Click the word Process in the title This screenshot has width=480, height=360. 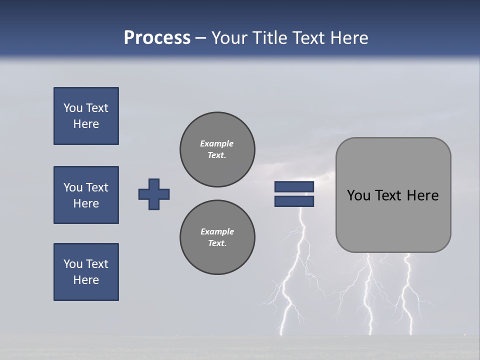[x=157, y=38]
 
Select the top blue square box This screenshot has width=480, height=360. [x=86, y=116]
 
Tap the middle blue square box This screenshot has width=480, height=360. [x=86, y=195]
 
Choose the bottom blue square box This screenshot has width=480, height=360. [x=86, y=272]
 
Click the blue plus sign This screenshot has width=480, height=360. [x=154, y=194]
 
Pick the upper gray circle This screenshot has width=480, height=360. [x=217, y=149]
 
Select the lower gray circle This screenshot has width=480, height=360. [x=217, y=237]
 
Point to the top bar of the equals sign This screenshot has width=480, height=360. [x=294, y=187]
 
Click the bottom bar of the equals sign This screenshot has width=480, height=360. [x=294, y=201]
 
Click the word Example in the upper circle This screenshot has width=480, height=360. [x=217, y=143]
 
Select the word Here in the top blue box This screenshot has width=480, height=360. [x=86, y=124]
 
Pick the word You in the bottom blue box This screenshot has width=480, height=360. [x=72, y=264]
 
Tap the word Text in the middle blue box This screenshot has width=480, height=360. [x=96, y=187]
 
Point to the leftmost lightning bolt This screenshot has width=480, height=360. [x=290, y=290]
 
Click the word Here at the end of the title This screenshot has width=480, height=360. [x=348, y=38]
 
